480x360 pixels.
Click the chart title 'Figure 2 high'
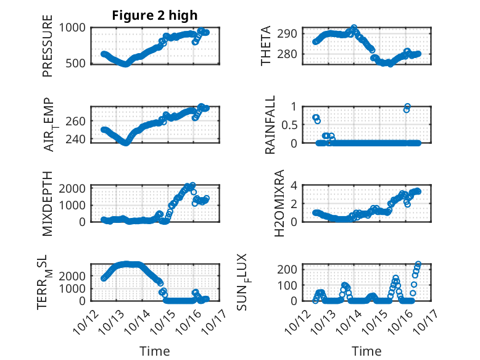(154, 15)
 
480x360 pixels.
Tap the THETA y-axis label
(266, 46)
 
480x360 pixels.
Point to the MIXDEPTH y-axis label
(48, 203)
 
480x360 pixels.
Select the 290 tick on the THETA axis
(291, 33)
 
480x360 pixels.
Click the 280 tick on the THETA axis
(291, 54)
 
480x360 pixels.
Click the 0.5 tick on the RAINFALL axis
(291, 124)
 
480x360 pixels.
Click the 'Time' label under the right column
(367, 351)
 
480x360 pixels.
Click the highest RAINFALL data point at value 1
(407, 106)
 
